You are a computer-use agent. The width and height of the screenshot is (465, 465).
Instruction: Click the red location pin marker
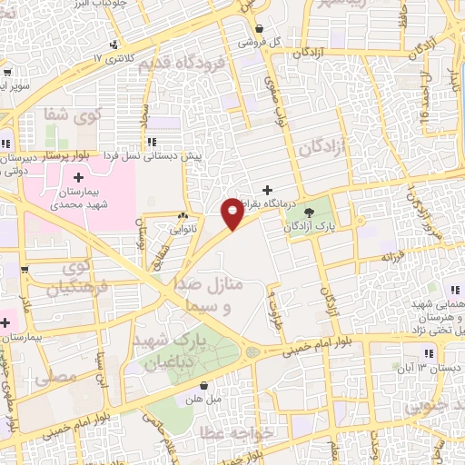coord(232,213)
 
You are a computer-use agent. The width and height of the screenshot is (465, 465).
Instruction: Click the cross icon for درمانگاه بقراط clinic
coord(267,190)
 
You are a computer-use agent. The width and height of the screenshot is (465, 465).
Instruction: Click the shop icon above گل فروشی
coord(260,27)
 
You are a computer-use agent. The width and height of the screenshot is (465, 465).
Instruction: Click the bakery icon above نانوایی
coord(183,217)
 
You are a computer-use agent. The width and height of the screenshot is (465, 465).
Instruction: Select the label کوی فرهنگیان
coord(83,278)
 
